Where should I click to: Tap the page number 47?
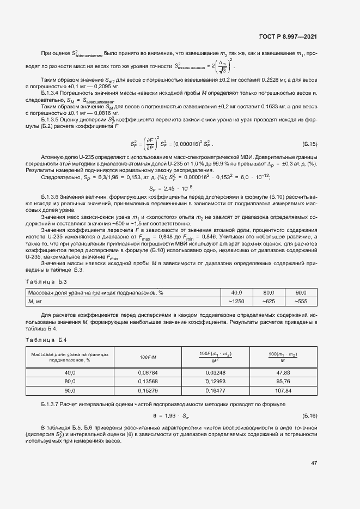[314, 463]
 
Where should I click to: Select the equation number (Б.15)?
[309, 144]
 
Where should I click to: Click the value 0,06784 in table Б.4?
[148, 372]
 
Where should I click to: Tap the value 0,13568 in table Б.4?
[148, 381]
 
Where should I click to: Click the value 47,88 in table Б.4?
[283, 372]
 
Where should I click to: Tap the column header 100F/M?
[148, 357]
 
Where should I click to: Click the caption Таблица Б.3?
[46, 281]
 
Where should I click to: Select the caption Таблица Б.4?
[46, 340]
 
